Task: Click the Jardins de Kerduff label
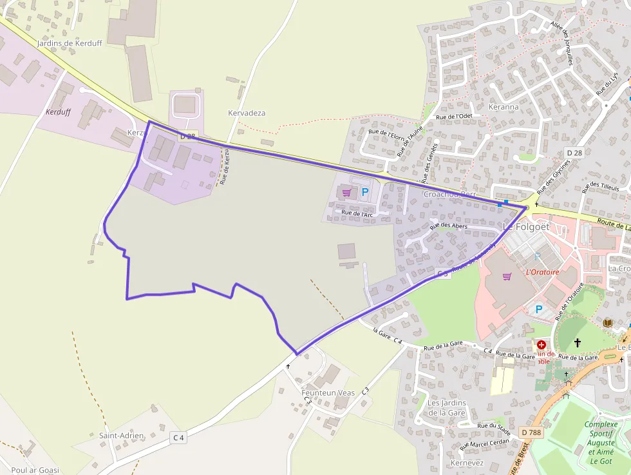coord(70,43)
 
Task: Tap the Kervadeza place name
coord(247,113)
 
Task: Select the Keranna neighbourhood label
coord(504,107)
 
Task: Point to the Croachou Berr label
coord(449,194)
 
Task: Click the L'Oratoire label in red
coord(543,271)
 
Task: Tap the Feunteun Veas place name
coord(328,393)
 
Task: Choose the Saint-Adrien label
coord(121,436)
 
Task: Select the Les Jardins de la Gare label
coord(447,407)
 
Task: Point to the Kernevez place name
coord(467,463)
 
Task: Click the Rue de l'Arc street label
coord(357,213)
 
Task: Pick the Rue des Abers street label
coord(449,226)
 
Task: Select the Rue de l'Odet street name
coord(454,117)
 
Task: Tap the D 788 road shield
coord(531,432)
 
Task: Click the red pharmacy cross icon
coord(541,345)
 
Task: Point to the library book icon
coord(608,322)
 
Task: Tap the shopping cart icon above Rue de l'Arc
coord(347,192)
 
